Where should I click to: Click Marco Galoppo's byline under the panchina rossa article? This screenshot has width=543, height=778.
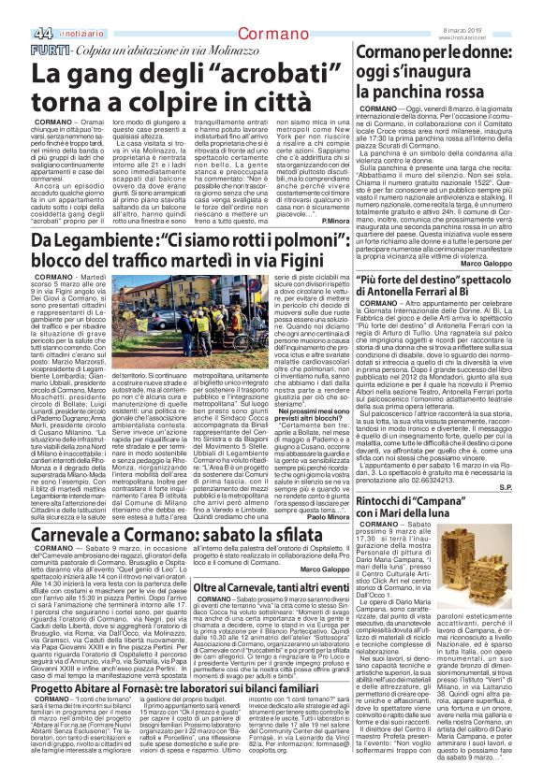tap(506, 263)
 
